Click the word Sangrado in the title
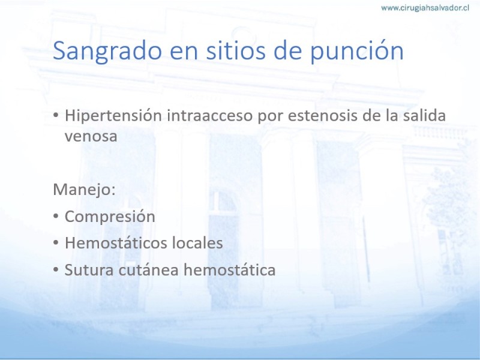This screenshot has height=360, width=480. coord(107,52)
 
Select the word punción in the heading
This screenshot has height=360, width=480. coord(357,51)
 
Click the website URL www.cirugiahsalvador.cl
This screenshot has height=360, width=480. coord(425,8)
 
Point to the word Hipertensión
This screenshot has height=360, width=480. coord(113,116)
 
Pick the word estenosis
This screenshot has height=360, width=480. coord(323,116)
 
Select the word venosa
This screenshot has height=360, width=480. coord(91,137)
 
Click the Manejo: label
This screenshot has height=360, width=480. coord(84,190)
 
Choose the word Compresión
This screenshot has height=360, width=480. coord(110,217)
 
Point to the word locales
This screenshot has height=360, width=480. coord(197,243)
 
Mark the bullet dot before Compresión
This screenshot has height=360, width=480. coord(55,216)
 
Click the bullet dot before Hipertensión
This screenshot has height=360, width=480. coord(55,115)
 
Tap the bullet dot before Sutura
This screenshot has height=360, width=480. coord(55,269)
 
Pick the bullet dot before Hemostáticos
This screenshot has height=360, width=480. coord(55,243)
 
